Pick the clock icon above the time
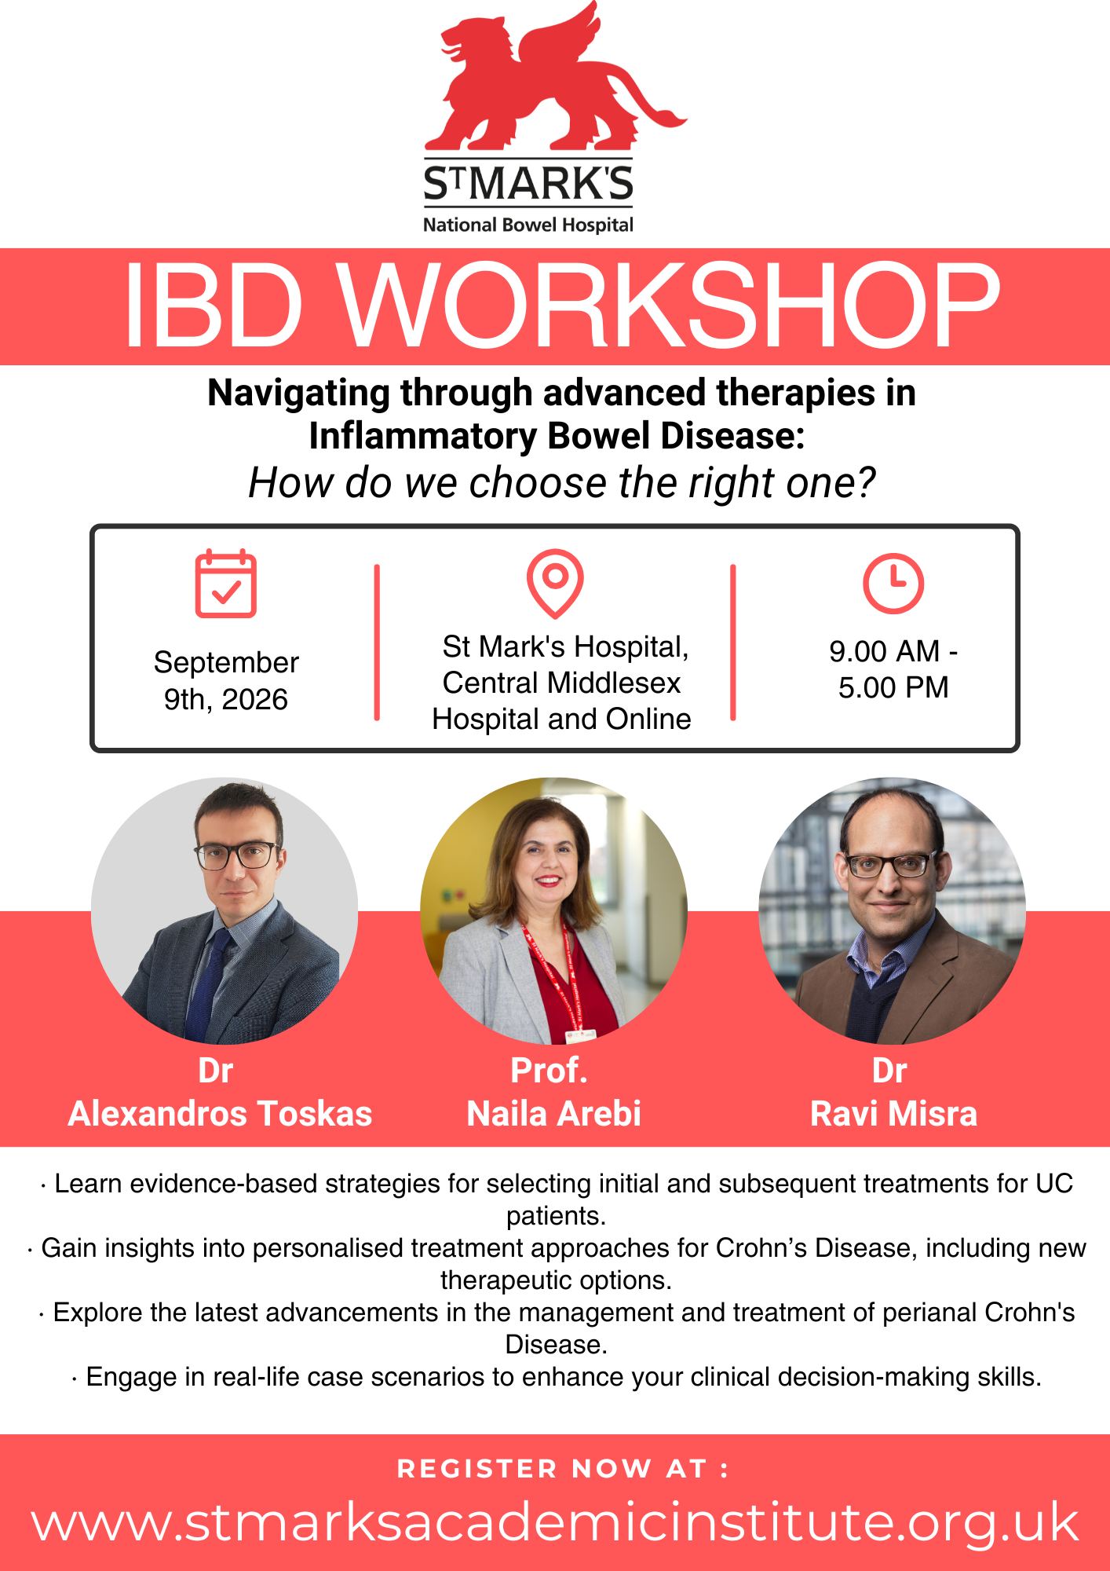point(893,584)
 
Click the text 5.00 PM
point(893,687)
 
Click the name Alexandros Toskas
point(220,1114)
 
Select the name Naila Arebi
point(554,1114)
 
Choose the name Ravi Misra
point(893,1114)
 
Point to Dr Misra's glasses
point(891,864)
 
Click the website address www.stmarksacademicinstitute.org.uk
point(555,1522)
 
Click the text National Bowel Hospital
point(528,225)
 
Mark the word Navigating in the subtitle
point(299,394)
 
